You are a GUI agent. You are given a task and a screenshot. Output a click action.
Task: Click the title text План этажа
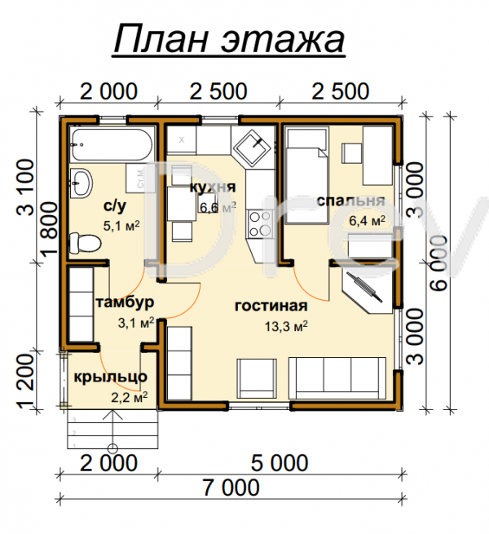(x=229, y=39)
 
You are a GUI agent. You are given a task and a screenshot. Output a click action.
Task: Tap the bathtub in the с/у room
(x=112, y=145)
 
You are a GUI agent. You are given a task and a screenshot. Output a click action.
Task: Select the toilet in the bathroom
(x=85, y=243)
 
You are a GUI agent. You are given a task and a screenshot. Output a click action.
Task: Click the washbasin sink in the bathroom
(x=81, y=183)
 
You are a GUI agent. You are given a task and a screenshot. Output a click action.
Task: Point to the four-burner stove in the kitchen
(x=260, y=224)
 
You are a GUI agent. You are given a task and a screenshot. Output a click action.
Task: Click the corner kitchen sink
(x=253, y=147)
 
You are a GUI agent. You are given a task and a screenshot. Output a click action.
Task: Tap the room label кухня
(x=213, y=187)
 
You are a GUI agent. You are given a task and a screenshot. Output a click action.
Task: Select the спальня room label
(x=350, y=201)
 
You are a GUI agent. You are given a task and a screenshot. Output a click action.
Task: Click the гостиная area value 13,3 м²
(x=286, y=326)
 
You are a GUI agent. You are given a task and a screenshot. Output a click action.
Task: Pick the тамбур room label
(x=125, y=302)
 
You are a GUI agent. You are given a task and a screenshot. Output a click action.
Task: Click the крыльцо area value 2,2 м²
(x=130, y=397)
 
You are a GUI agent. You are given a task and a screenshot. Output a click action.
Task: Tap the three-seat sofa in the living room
(x=337, y=378)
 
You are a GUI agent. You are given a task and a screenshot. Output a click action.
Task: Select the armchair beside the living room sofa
(x=257, y=378)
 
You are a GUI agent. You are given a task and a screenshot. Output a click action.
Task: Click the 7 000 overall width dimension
(x=231, y=488)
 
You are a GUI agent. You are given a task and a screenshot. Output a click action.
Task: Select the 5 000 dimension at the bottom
(x=280, y=463)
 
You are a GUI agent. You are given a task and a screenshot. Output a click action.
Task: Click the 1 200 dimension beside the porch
(x=26, y=381)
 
